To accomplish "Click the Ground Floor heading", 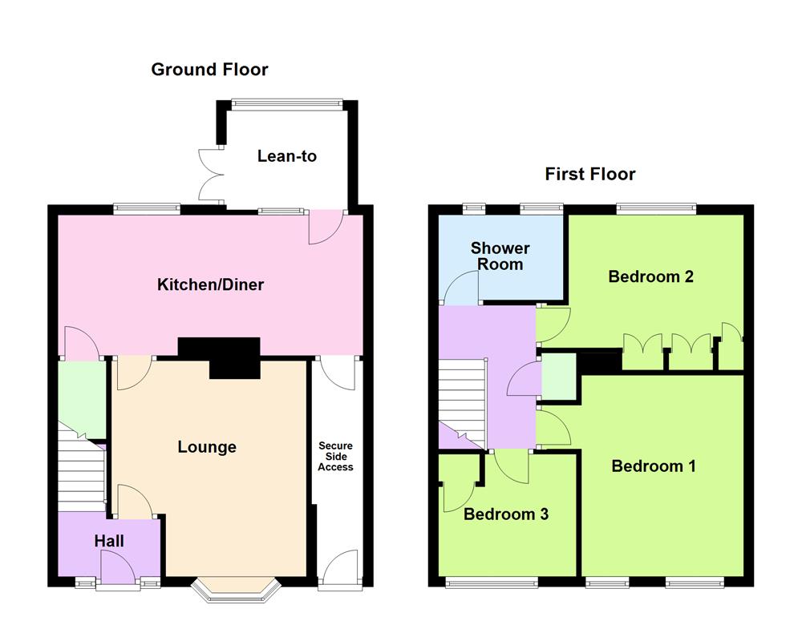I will point(209,70).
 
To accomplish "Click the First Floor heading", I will point(590,174).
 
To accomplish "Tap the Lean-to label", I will point(286,156).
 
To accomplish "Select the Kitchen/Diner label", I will point(210,284).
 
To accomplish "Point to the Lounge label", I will point(207,447).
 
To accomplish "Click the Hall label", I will point(109,542).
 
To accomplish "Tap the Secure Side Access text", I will point(335,456).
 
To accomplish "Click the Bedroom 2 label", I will point(650,277).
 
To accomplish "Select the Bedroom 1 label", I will point(653,466).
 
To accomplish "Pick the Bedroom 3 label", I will point(506,514).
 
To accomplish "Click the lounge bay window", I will point(234,591).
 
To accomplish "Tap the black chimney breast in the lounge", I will point(219,356).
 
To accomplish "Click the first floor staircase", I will point(463,401).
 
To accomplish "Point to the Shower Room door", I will point(460,288).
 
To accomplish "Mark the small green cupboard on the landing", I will point(558,375).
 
